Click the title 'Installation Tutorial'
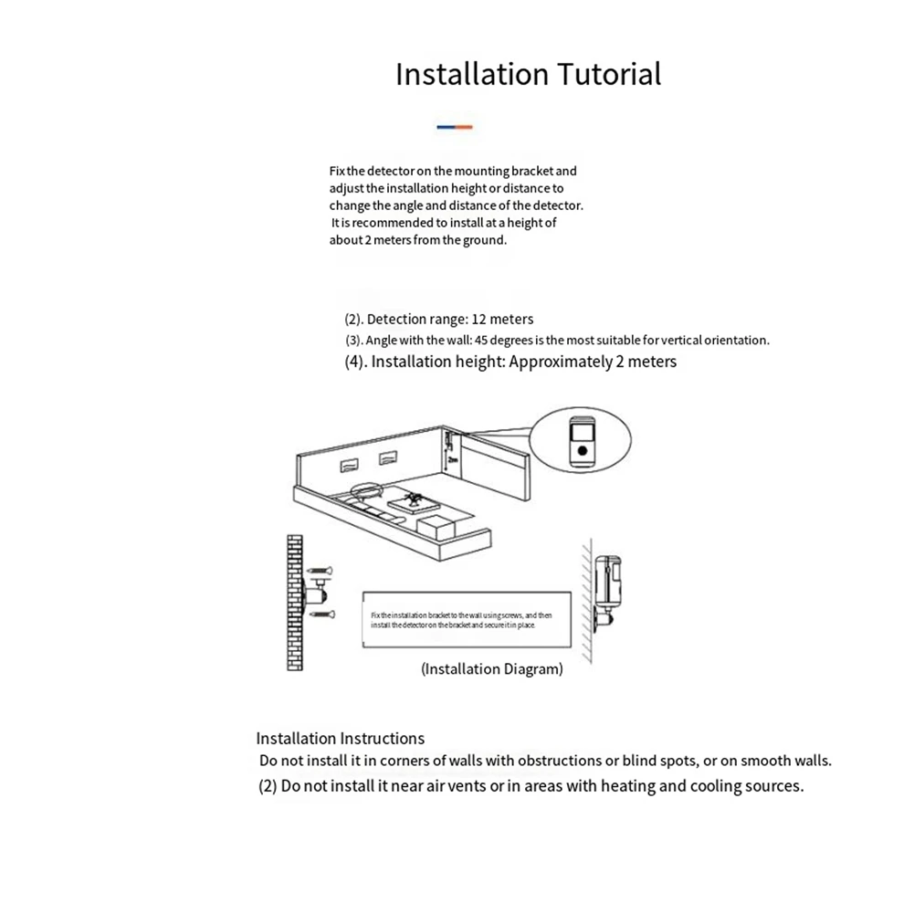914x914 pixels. click(528, 74)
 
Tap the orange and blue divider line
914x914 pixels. click(454, 127)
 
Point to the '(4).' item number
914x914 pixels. click(355, 362)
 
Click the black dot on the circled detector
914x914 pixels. click(582, 449)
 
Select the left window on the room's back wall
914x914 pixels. click(351, 465)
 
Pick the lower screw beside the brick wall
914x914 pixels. click(322, 615)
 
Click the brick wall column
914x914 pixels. click(292, 604)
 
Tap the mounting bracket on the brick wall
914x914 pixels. click(310, 594)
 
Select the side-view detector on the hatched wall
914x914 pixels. click(606, 584)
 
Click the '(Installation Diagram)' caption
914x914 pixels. click(491, 669)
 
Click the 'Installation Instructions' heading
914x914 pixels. click(340, 738)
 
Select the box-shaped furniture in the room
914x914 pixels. click(435, 525)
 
